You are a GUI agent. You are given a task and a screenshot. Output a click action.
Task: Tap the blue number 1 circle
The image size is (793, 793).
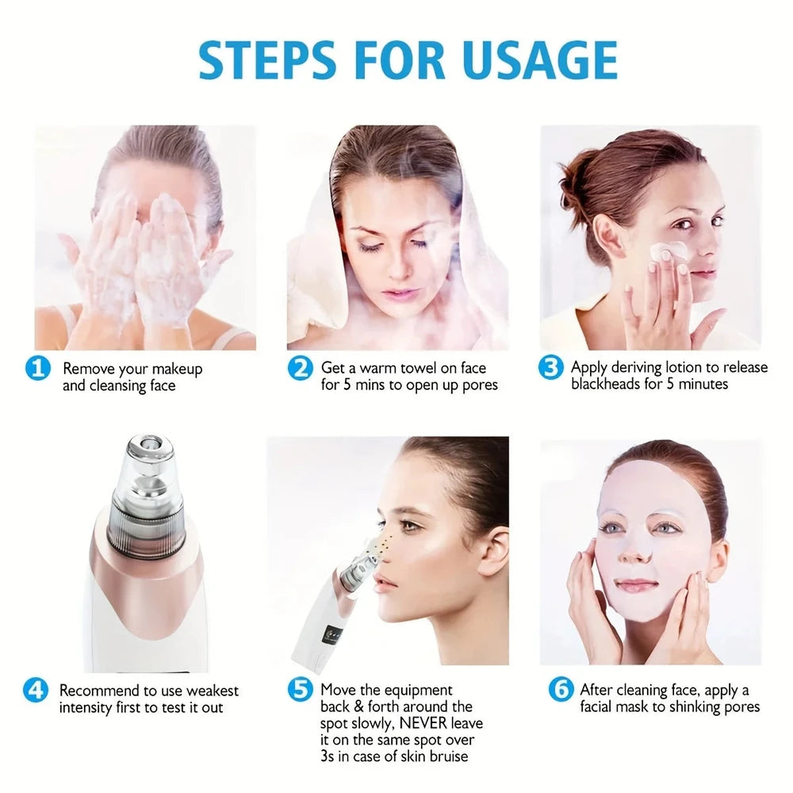tap(38, 368)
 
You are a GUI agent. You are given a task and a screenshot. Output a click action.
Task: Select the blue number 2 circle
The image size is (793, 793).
tap(301, 368)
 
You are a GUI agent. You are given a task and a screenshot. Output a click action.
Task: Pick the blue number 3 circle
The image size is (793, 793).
tap(551, 367)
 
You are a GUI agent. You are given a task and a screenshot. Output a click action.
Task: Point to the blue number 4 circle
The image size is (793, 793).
tap(36, 690)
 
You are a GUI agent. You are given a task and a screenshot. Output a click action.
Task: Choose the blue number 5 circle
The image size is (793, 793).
tap(301, 689)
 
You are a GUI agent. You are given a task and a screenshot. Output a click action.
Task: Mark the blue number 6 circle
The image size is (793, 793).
tap(561, 689)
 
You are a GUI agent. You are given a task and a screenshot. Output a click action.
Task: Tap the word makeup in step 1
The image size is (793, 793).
tap(177, 370)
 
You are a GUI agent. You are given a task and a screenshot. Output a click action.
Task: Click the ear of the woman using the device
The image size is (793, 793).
tap(494, 553)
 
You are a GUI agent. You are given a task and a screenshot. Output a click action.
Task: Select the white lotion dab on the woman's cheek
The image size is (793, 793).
tap(667, 251)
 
